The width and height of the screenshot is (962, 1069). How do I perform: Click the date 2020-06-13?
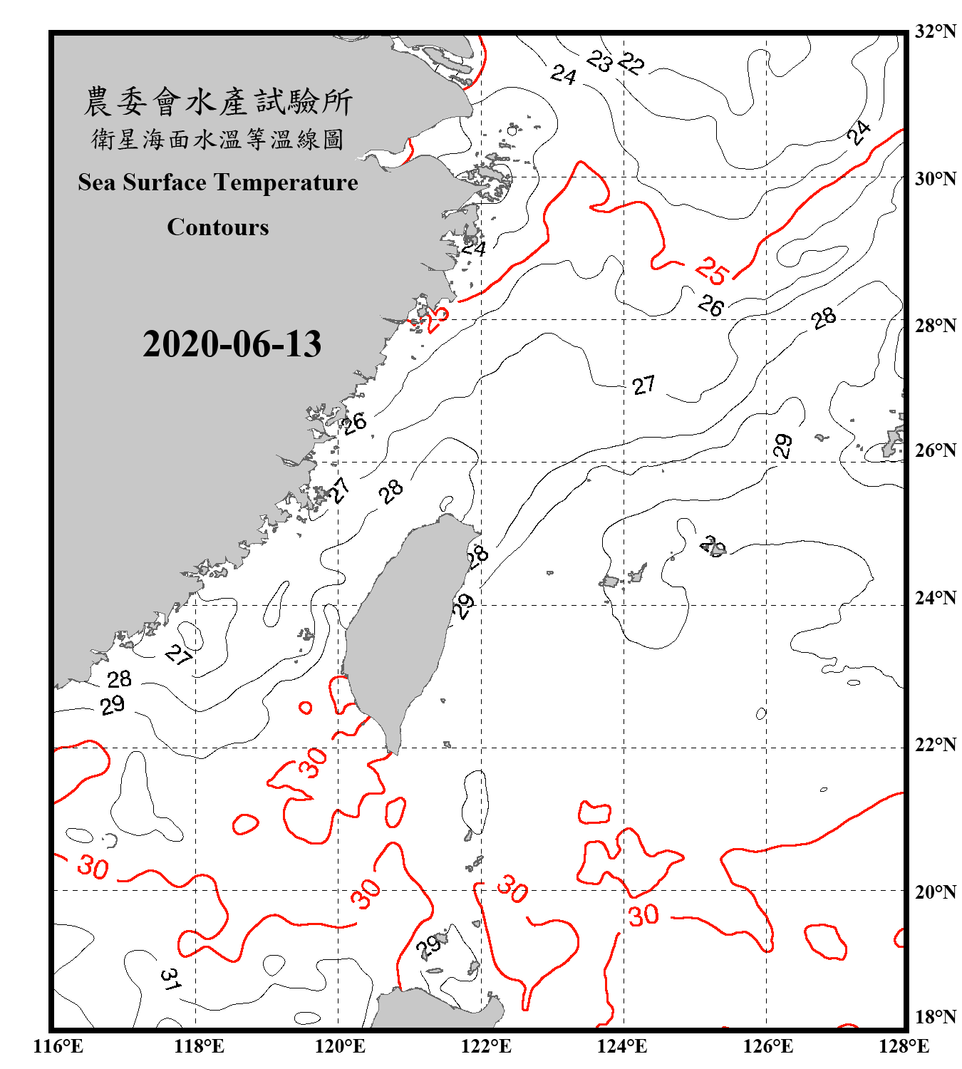pos(232,344)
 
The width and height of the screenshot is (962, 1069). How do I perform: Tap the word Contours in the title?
pos(218,227)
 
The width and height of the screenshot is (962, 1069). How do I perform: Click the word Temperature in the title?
pos(283,182)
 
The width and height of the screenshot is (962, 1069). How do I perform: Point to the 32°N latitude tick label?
pos(936,31)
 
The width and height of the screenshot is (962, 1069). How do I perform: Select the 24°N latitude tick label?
pos(936,597)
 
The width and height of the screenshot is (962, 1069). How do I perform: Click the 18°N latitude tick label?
pos(936,1016)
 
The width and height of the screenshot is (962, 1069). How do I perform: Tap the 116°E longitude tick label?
pos(58,1046)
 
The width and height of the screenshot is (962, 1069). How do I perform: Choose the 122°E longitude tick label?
pos(486,1046)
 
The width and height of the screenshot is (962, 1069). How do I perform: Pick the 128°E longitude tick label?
pos(904,1046)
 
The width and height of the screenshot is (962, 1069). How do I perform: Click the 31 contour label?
pos(170,979)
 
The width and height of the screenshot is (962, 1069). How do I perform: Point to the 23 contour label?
pos(600,62)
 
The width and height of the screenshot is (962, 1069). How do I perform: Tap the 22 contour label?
pos(631,64)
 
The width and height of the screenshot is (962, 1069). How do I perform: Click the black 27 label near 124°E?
pos(643,386)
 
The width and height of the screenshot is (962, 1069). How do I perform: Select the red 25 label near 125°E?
pos(713,271)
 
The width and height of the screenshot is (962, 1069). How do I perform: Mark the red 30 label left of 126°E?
pos(643,915)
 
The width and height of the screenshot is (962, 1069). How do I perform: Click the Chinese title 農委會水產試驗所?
pos(218,102)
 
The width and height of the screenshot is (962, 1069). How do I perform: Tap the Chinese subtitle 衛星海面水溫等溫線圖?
pos(218,139)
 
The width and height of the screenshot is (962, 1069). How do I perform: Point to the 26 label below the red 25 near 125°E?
pos(710,306)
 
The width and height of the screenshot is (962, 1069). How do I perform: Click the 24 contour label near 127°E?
pos(859,133)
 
